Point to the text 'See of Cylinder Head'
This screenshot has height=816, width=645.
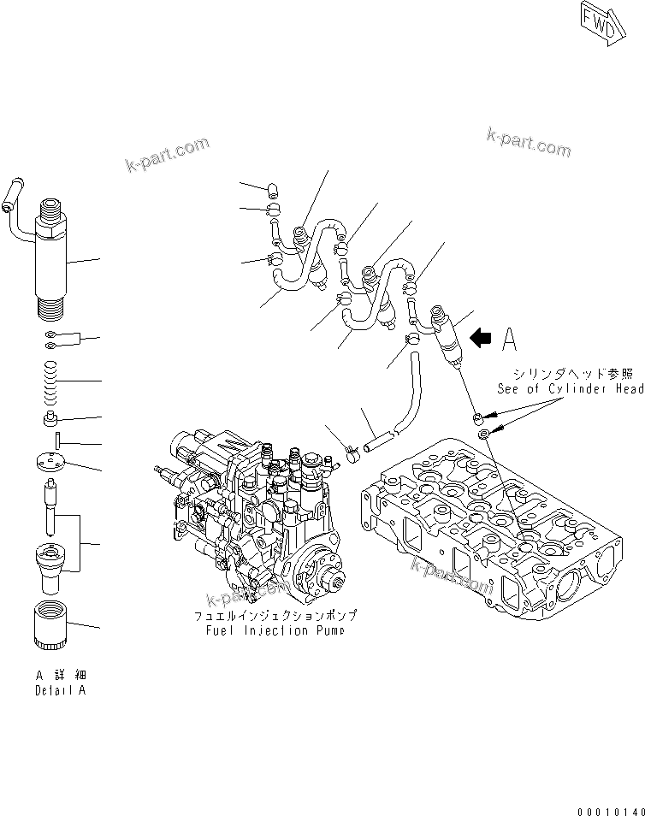pyautogui.click(x=571, y=388)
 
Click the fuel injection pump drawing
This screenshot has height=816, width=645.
pyautogui.click(x=257, y=513)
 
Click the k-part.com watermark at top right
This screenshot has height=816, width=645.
pyautogui.click(x=528, y=141)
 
